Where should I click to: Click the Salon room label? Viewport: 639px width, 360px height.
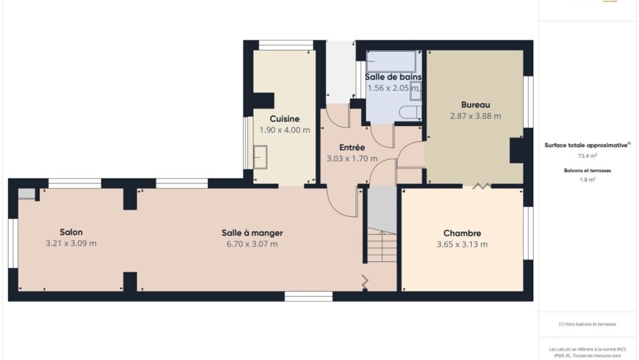71,232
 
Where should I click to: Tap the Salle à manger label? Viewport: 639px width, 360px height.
252,233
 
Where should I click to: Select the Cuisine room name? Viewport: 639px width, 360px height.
285,119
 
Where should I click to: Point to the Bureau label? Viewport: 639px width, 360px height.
475,104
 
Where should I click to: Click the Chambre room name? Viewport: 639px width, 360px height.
462,233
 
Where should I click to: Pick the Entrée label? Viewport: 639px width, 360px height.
352,147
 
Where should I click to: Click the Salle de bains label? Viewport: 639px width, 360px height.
393,77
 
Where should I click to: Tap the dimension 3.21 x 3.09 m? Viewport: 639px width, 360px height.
71,244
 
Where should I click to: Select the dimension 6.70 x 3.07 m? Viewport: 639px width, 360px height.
252,244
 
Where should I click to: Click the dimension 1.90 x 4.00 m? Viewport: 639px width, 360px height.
285,130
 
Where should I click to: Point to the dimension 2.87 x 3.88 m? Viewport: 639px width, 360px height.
475,116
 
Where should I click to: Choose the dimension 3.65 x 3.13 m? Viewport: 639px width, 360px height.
462,244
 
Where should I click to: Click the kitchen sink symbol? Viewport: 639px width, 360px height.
260,157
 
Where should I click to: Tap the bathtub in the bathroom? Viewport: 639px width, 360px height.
391,62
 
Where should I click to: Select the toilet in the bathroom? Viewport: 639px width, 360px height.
410,112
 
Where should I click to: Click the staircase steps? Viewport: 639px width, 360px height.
382,246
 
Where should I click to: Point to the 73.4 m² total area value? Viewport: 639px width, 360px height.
587,156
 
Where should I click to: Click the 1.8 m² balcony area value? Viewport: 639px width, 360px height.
587,179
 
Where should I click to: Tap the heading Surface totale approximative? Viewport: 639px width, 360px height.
586,145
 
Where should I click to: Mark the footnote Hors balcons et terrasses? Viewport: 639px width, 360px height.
587,324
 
